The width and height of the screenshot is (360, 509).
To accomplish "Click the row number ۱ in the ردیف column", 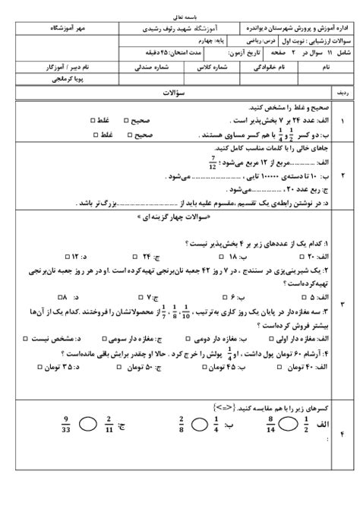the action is point(342,122).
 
